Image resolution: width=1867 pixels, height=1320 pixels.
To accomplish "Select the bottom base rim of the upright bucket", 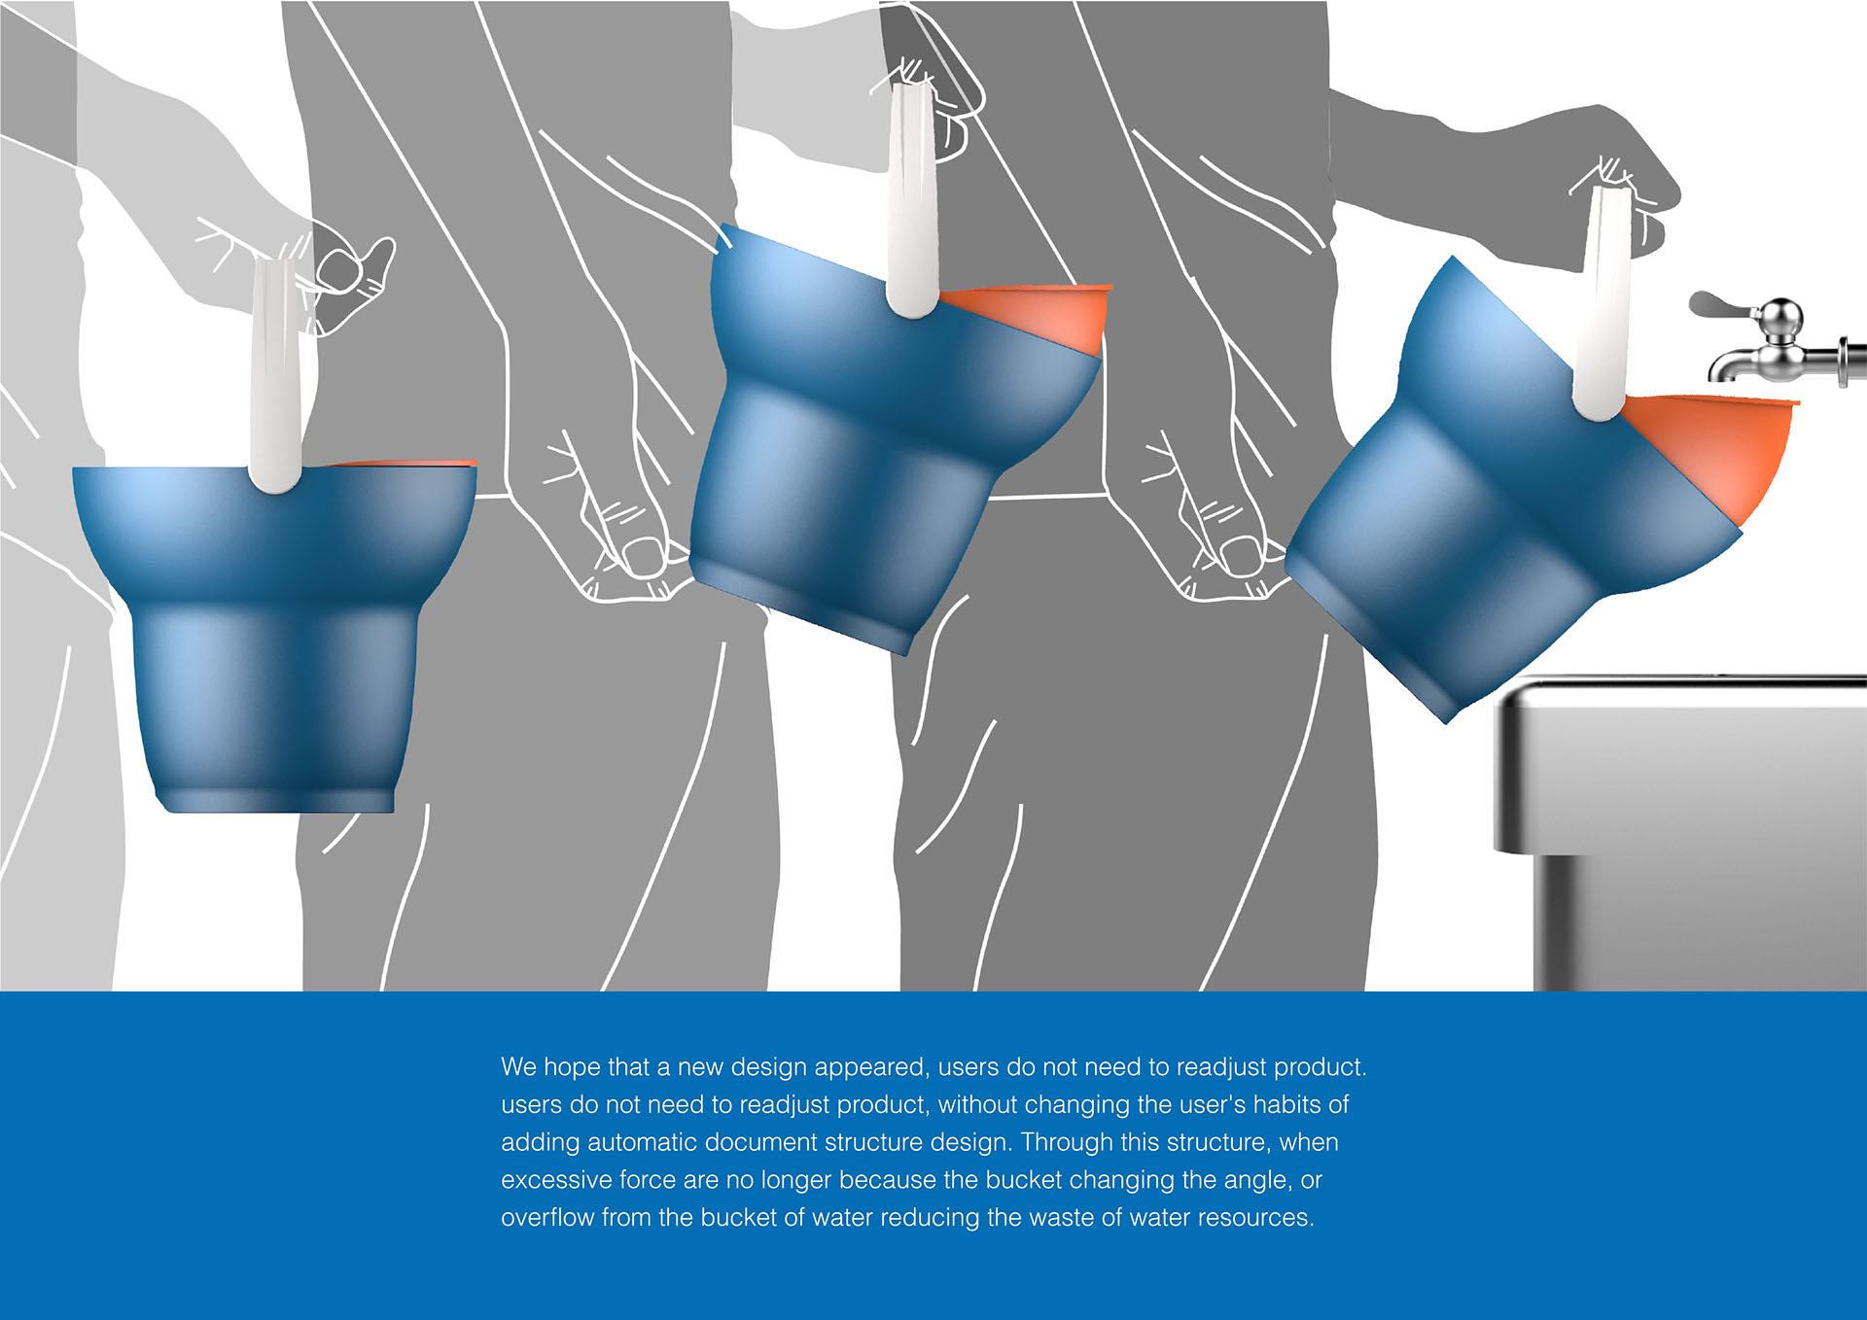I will coord(277,802).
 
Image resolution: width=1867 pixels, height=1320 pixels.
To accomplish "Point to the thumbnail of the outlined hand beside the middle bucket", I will coord(643,557).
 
